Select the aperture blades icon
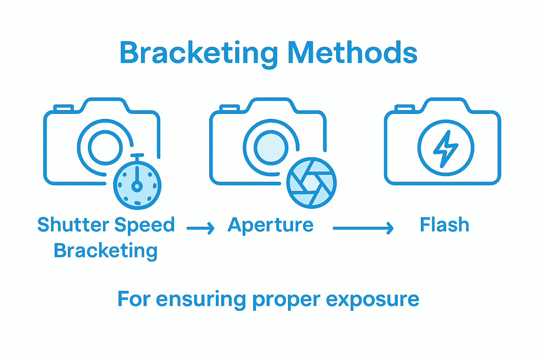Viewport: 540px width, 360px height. coord(311,183)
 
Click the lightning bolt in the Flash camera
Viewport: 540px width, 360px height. coord(445,148)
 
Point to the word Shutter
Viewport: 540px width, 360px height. coord(73,225)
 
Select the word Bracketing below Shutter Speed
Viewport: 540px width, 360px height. coord(105,251)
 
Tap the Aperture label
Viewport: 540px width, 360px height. coord(270,225)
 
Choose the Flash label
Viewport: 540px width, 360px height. coord(444,225)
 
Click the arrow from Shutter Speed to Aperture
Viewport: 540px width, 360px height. coord(200,228)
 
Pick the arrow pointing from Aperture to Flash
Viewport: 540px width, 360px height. coord(363,228)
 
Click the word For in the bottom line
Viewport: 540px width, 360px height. coord(134,299)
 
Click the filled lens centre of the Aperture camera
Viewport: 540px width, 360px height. coord(271,147)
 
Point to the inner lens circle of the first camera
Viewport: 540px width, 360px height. coord(105,147)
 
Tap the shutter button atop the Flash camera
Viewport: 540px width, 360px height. coord(405,107)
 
